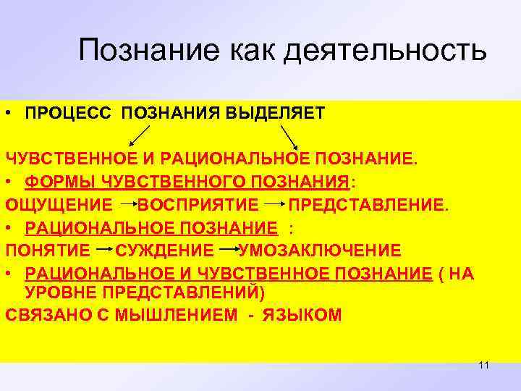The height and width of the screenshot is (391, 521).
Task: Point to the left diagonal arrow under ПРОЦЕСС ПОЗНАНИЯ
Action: (140, 136)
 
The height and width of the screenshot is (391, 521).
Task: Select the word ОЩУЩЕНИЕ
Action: (59, 205)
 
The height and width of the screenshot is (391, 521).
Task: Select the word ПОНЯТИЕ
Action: (47, 251)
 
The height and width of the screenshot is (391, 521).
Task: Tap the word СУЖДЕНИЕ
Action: (164, 251)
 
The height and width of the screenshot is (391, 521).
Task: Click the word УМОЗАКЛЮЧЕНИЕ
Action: (320, 251)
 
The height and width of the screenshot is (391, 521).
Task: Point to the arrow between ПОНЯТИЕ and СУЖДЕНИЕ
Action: (103, 248)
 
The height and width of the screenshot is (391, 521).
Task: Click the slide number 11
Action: (484, 366)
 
